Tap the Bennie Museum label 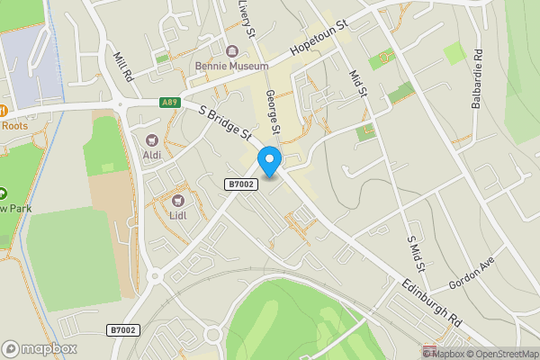(x=231, y=67)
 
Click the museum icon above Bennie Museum (x=231, y=51)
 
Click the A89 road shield (x=170, y=103)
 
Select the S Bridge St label (x=224, y=123)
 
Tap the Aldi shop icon (x=152, y=139)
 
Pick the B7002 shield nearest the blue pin (x=241, y=184)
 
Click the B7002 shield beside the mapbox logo (x=122, y=330)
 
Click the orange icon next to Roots (x=3, y=110)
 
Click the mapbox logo (x=39, y=348)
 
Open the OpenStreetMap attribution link (x=501, y=354)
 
